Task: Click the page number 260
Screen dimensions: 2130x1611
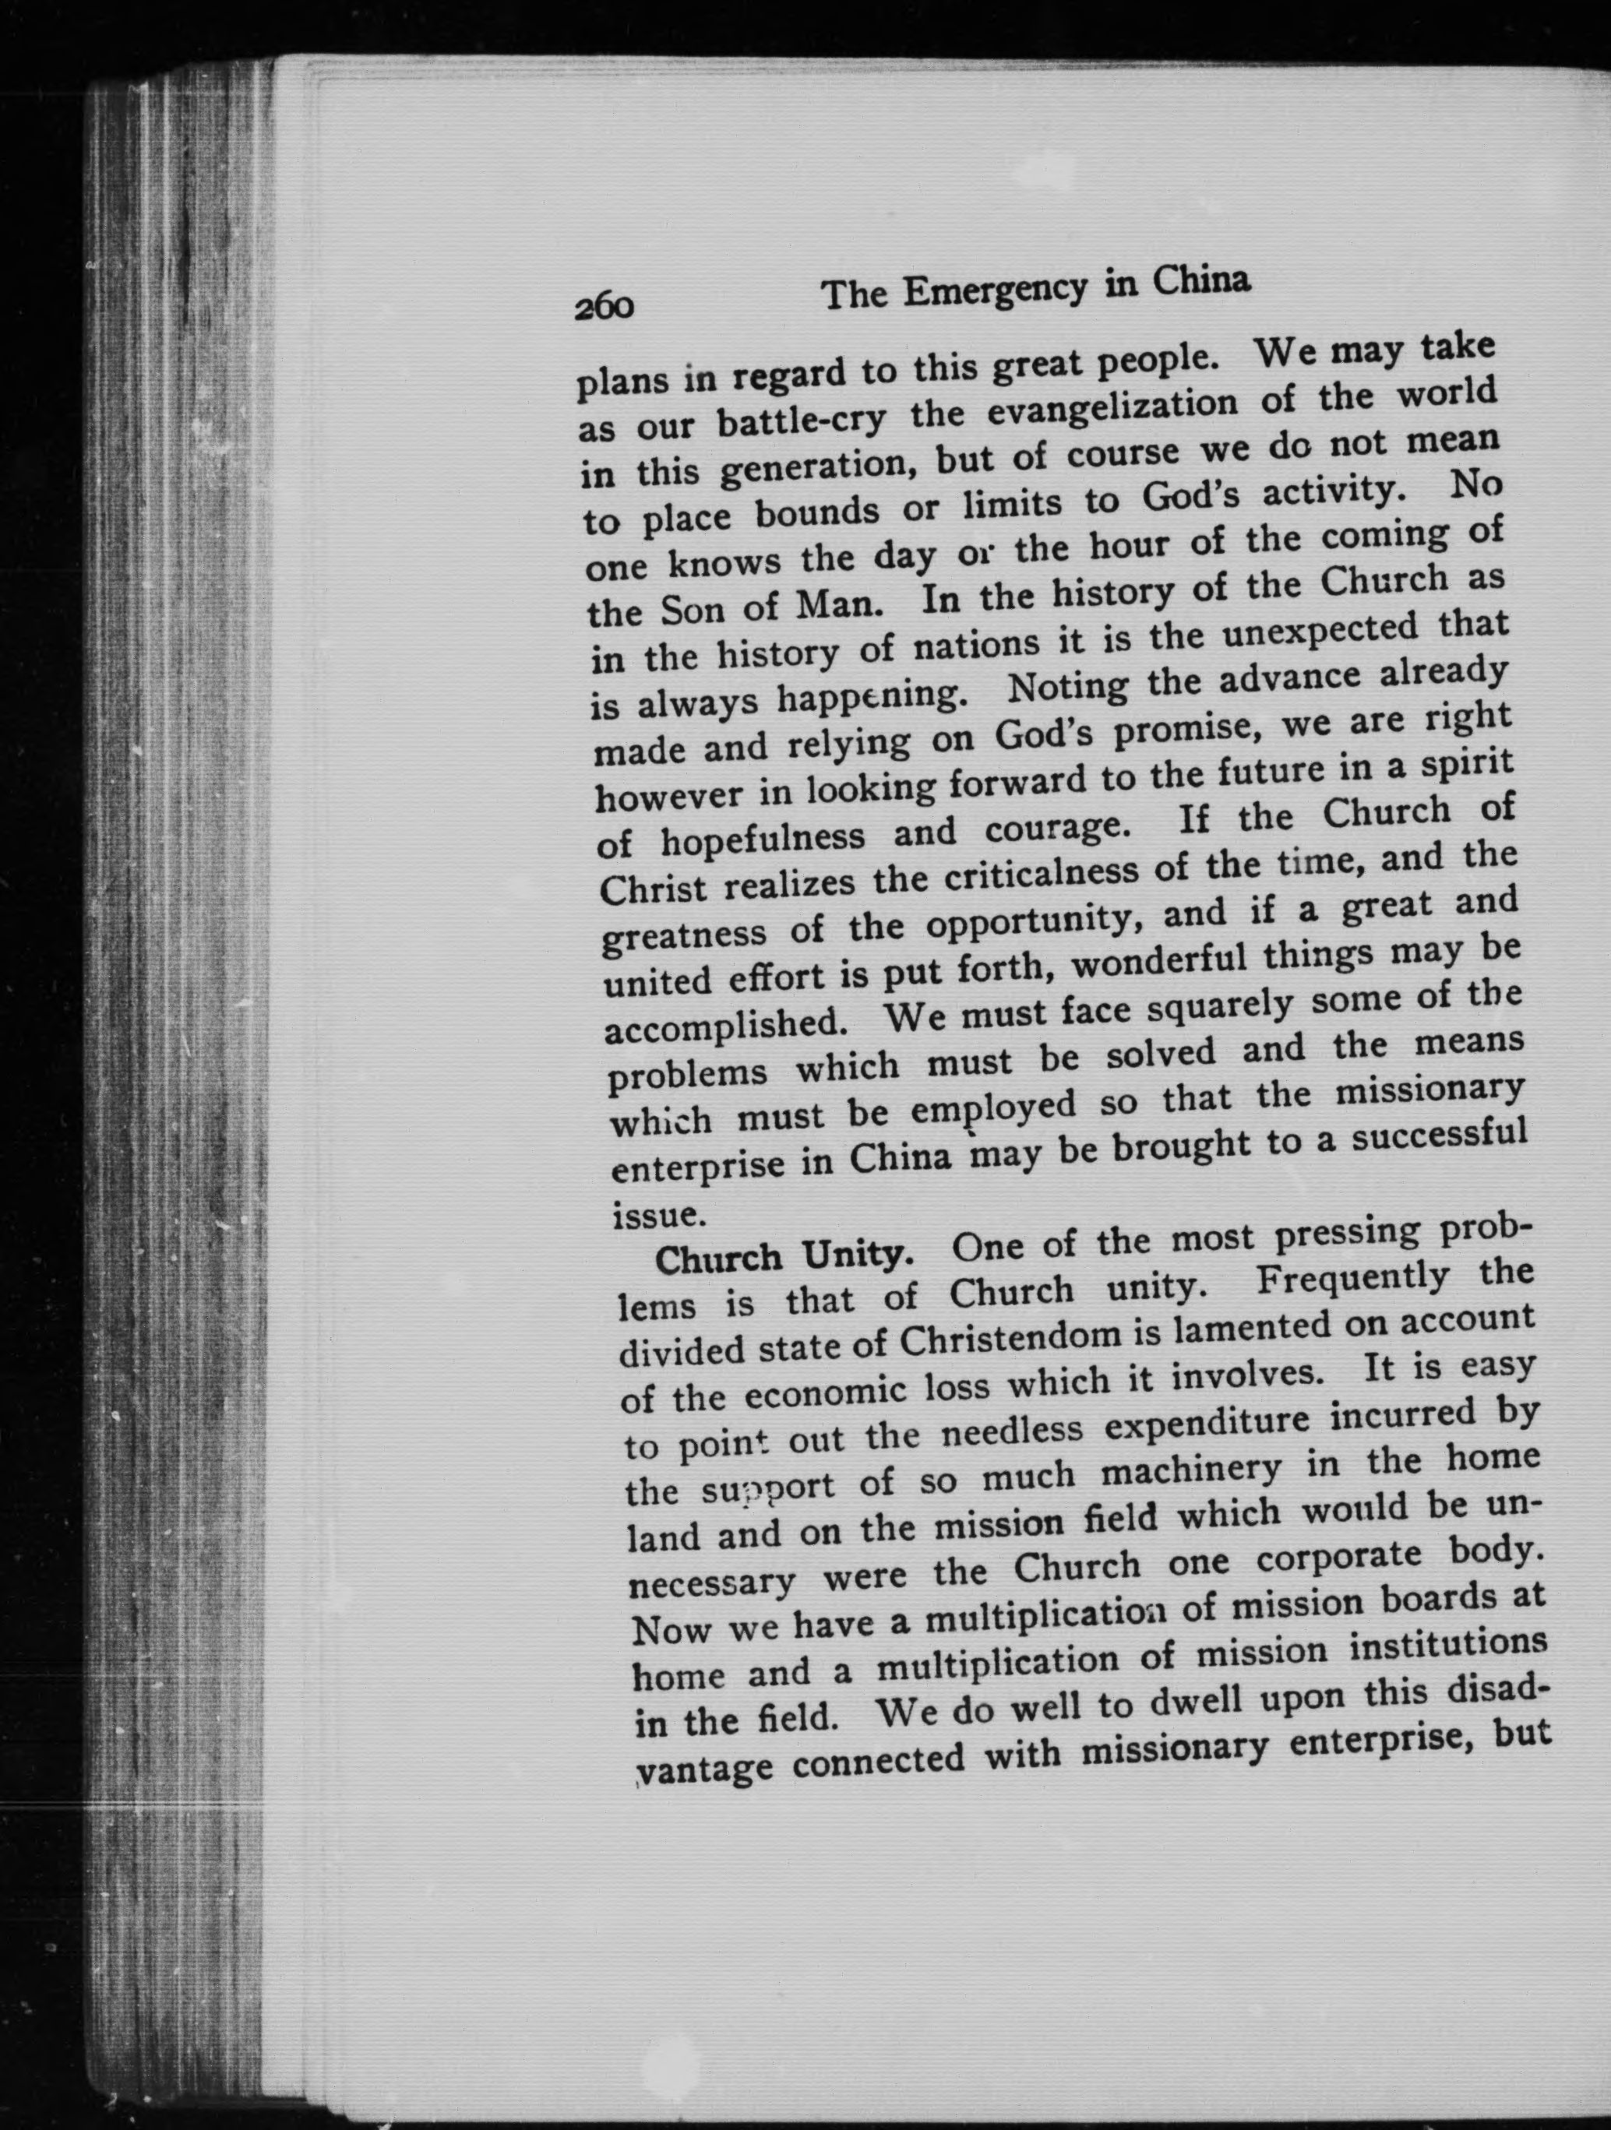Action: coord(605,305)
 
